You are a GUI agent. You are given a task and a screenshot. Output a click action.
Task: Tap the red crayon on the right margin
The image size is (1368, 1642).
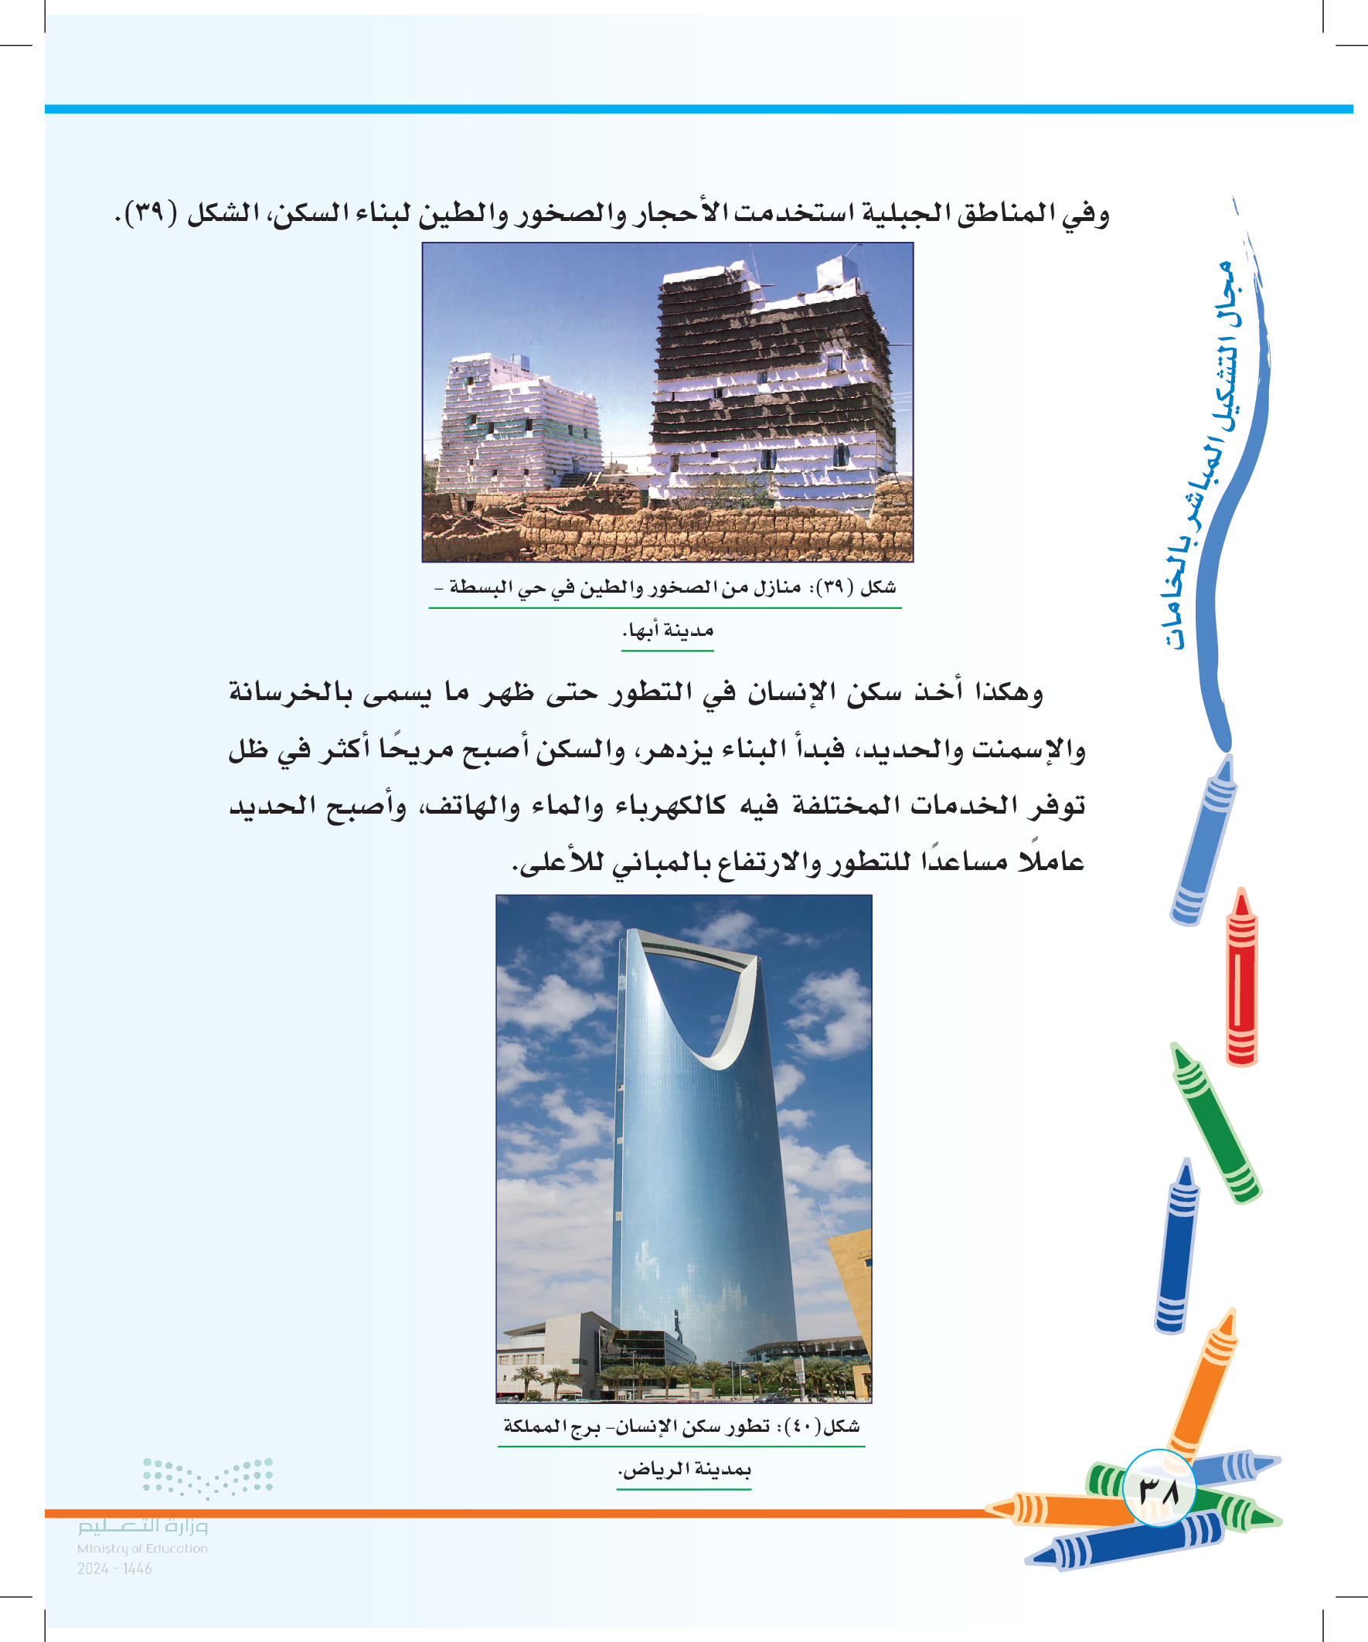(1241, 977)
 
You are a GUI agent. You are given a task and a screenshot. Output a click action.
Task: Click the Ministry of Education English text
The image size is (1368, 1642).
(142, 1549)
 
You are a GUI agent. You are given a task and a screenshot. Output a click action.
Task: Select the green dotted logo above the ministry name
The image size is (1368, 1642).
(208, 1477)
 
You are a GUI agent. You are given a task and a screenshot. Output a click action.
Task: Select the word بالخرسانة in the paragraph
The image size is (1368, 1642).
(290, 693)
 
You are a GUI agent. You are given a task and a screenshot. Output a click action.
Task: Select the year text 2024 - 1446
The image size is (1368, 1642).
(115, 1569)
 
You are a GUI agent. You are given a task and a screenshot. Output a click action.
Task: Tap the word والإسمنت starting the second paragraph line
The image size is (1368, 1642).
(1028, 750)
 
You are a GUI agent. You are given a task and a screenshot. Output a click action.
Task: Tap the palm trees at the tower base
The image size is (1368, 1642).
(704, 1374)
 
